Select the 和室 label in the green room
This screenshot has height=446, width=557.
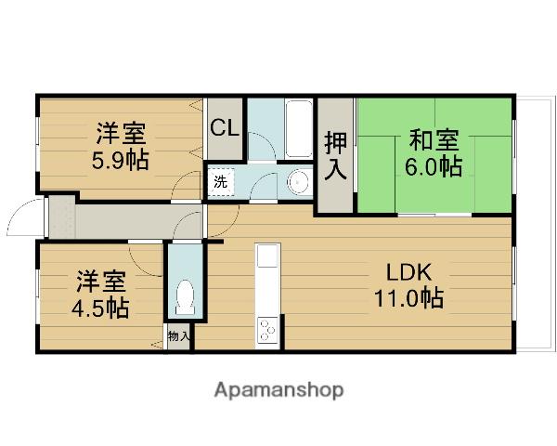coord(434,141)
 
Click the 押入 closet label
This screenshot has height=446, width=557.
coord(335,155)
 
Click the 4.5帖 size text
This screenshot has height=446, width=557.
coord(102,308)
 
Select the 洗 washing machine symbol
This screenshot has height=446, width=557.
coord(219,181)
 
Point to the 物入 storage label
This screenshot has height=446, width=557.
coord(178,336)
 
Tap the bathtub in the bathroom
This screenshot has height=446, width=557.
coord(298,130)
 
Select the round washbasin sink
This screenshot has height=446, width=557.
coord(298,182)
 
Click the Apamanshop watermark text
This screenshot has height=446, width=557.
coord(278,390)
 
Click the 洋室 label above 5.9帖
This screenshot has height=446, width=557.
coord(119,131)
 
